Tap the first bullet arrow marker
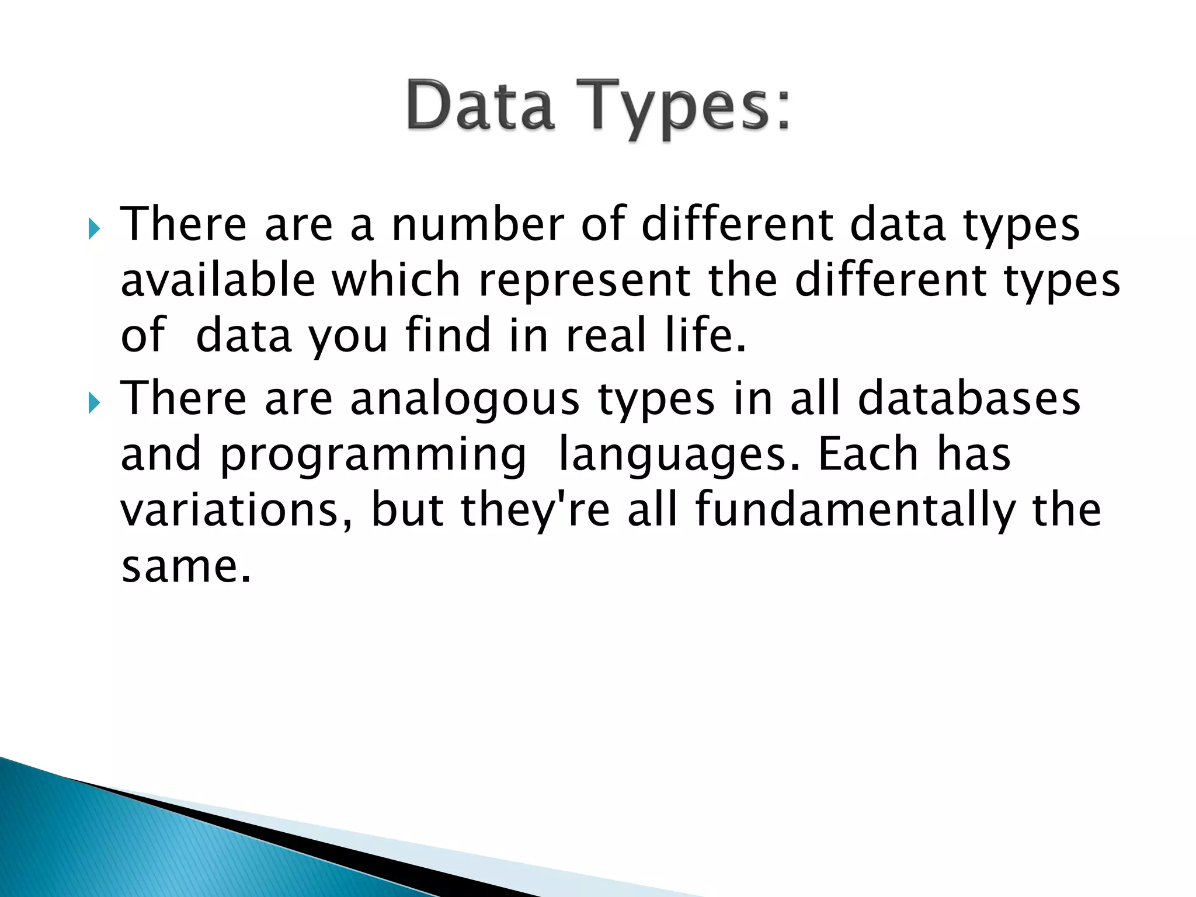tap(94, 229)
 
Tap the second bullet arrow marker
tap(94, 403)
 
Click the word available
tap(218, 280)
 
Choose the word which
tap(397, 280)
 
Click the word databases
tap(969, 398)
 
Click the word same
tap(185, 566)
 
